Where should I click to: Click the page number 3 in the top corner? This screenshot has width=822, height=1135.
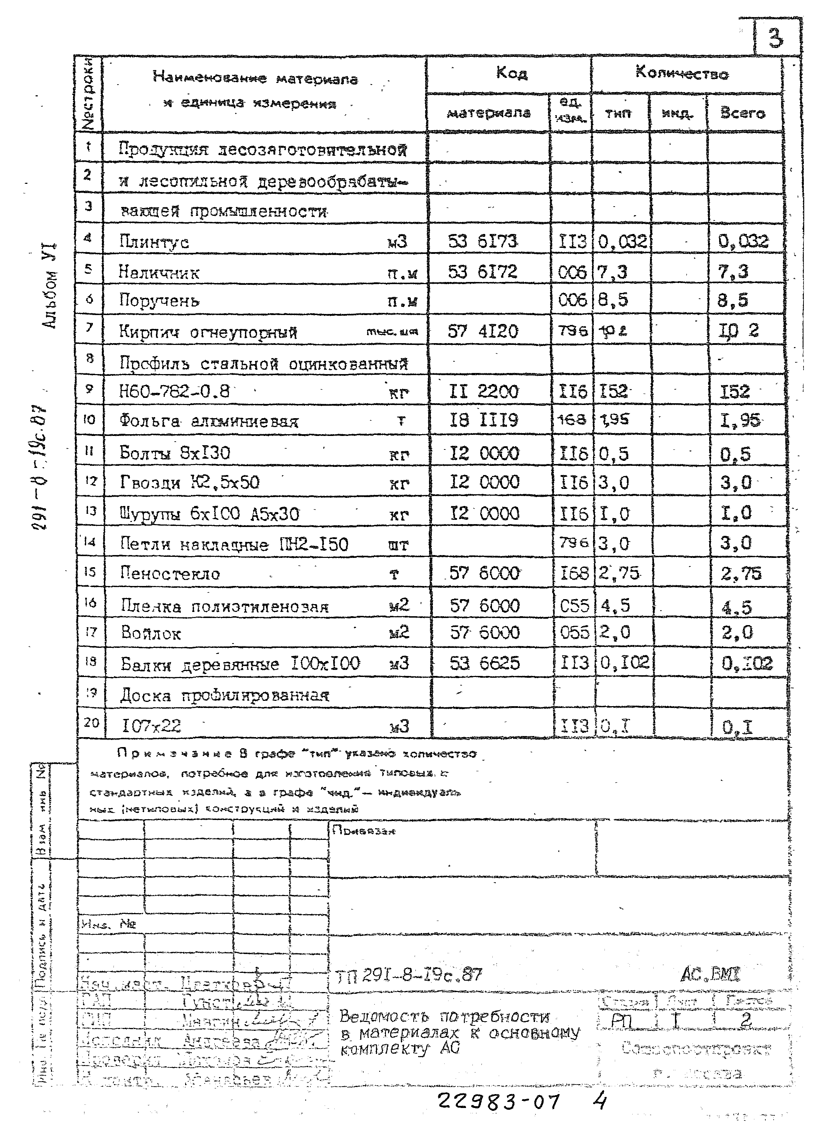click(775, 38)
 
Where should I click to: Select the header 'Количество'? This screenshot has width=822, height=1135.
click(682, 74)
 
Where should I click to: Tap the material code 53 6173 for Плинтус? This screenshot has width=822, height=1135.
click(482, 242)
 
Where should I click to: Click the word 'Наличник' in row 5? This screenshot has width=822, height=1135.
click(159, 273)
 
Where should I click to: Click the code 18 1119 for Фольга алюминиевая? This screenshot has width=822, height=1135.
click(483, 420)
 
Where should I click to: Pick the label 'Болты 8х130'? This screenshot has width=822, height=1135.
click(174, 453)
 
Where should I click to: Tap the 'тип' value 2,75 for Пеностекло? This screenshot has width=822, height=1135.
click(619, 573)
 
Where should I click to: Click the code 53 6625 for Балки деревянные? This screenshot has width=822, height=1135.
click(485, 664)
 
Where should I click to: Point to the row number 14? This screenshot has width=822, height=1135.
click(90, 542)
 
